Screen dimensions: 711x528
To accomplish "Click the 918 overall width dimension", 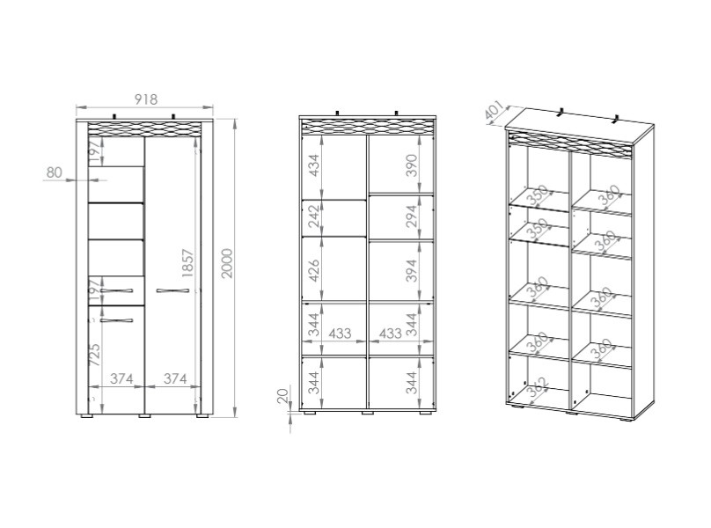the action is coord(146,99).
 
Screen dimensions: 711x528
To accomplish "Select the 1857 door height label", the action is coord(187,263).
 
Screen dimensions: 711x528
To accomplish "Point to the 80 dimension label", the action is coord(54,172).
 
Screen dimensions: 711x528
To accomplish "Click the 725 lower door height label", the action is coord(95,355).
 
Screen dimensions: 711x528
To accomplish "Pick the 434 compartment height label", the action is coord(314,165).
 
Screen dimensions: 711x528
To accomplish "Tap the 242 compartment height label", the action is coord(314,216).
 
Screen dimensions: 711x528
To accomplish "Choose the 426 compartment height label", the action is coord(314,270).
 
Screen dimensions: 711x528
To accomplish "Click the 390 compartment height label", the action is coord(411,165).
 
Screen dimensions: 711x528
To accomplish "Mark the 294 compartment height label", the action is coord(411,216).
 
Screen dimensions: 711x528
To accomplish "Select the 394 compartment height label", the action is coord(411,270).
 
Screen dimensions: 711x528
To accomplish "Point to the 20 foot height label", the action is coord(282,395).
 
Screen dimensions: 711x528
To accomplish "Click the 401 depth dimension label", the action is coord(494,112).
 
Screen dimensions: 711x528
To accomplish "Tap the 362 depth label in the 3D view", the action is coord(539,388).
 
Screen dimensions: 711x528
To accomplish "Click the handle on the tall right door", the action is coord(172,290).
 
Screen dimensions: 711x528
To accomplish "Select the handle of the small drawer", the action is coord(116,290).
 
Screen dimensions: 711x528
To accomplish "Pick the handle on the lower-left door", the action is coord(116,320).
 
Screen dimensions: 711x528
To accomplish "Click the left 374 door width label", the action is coord(121,378).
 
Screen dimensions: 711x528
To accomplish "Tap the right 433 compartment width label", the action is coord(390,334).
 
